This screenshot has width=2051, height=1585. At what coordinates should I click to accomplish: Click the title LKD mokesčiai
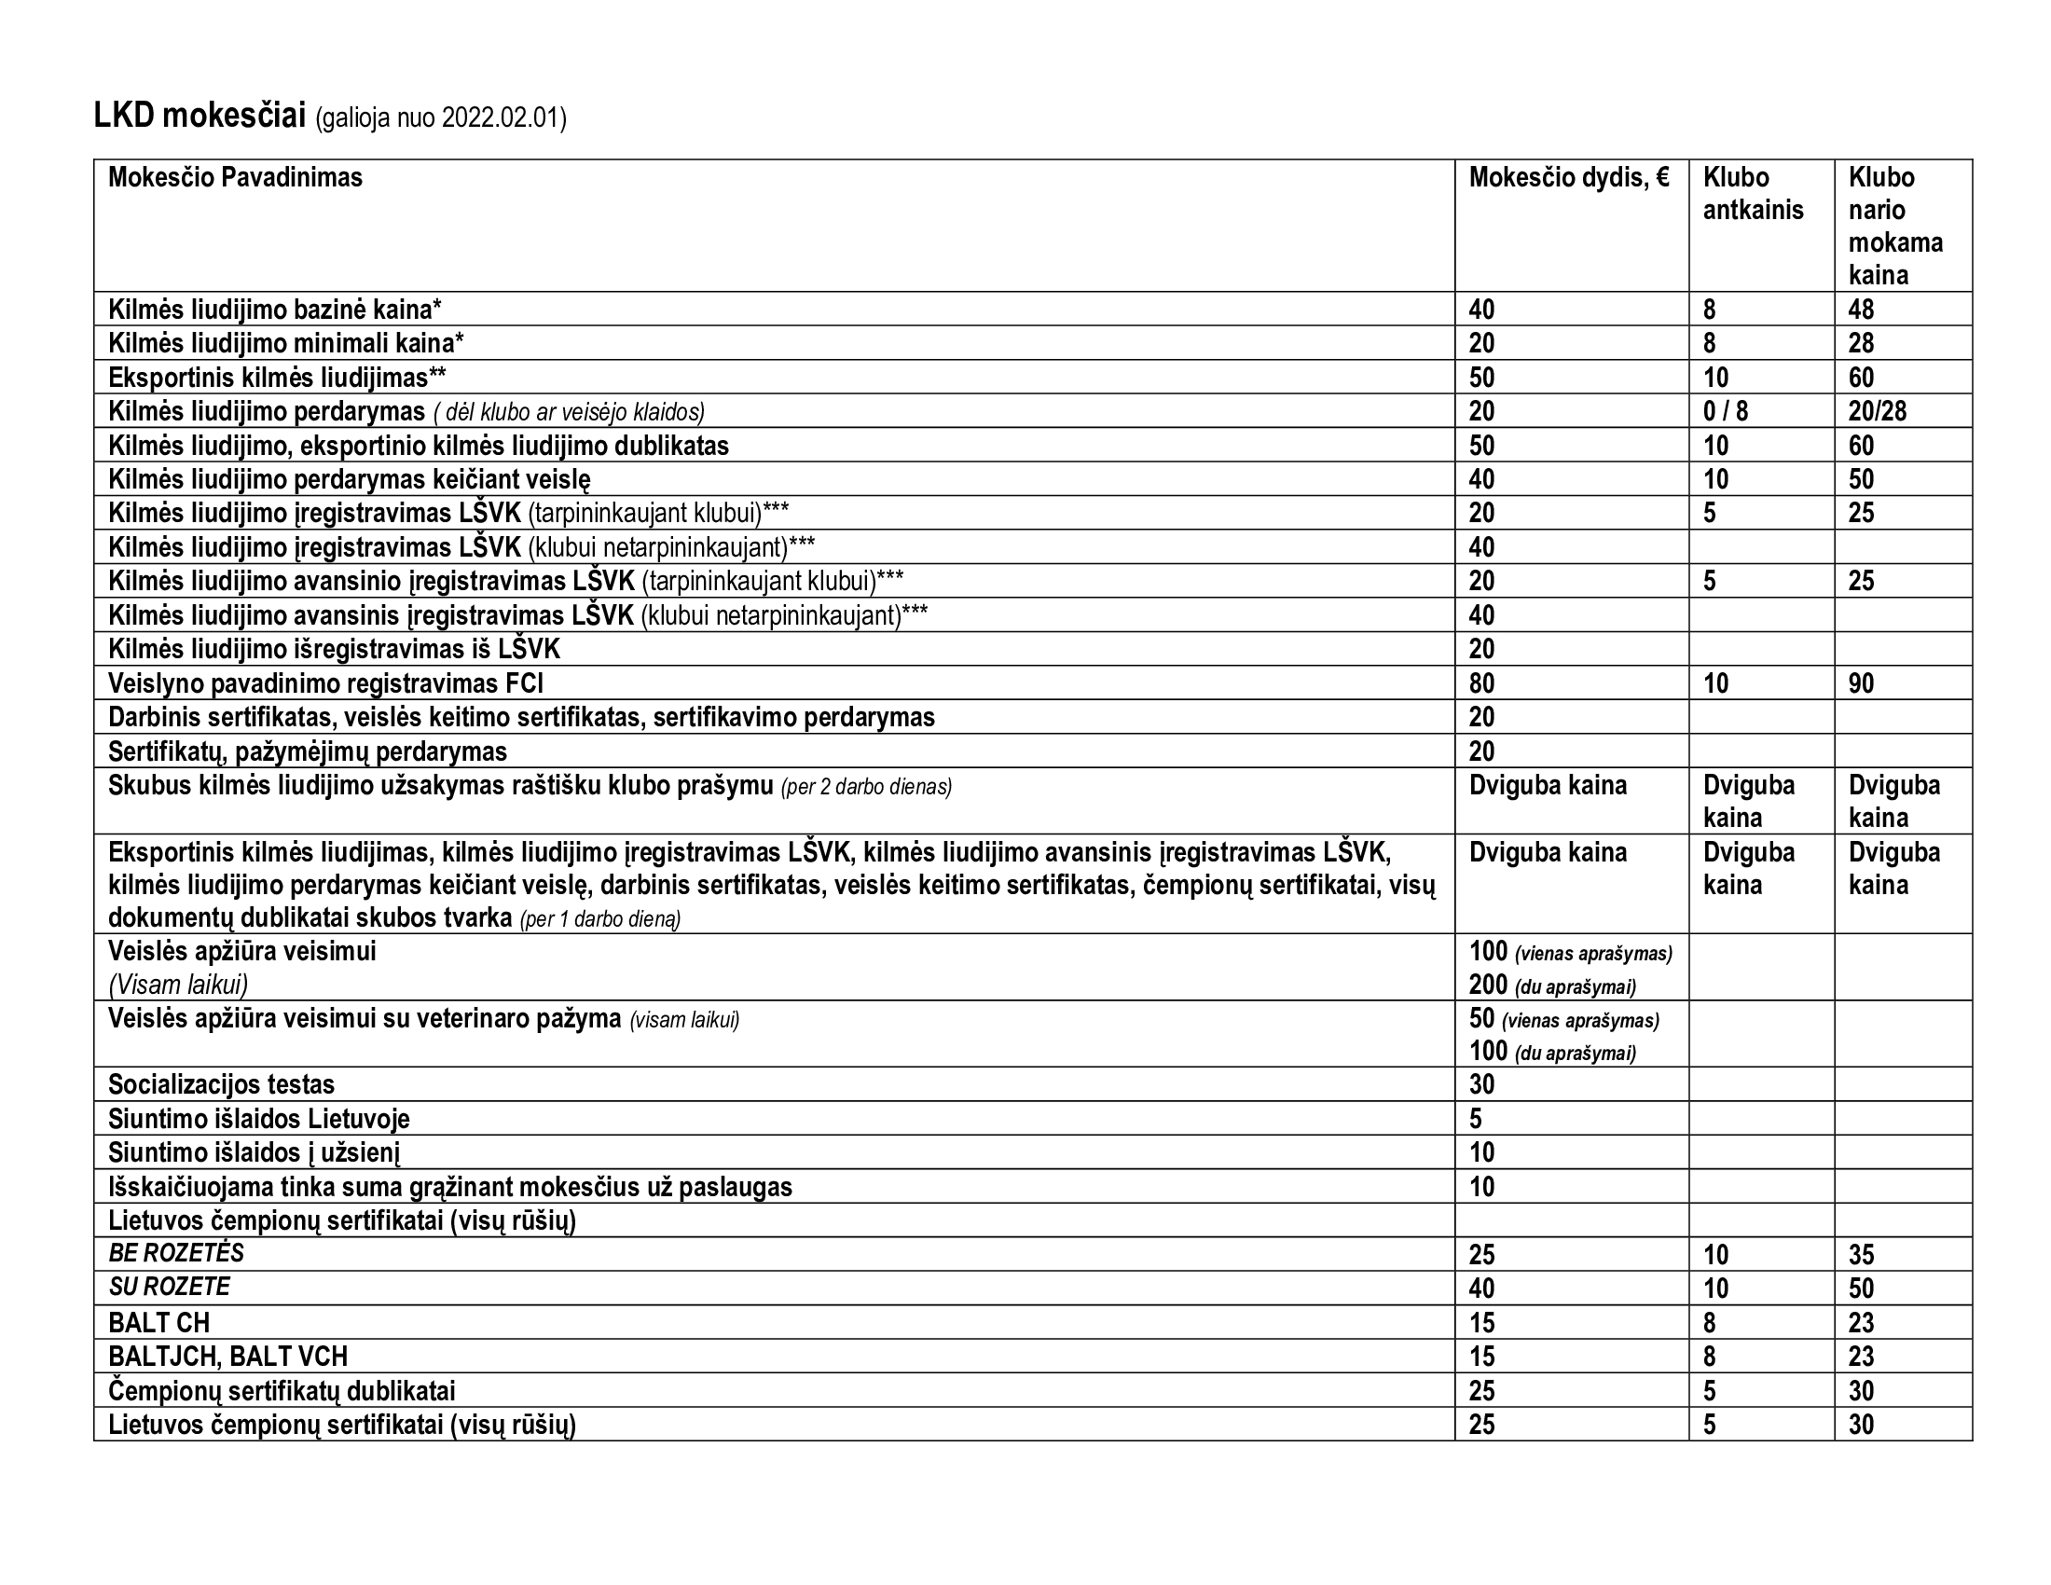point(200,117)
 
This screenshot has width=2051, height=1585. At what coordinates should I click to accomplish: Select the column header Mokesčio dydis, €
point(1568,177)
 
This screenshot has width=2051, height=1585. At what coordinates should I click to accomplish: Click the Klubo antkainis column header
point(1753,193)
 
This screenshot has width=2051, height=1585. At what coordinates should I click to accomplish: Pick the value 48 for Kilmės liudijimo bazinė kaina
point(1862,309)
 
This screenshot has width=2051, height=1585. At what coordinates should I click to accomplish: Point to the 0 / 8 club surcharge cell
point(1725,411)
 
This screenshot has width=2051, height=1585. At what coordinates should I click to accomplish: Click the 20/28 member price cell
point(1878,411)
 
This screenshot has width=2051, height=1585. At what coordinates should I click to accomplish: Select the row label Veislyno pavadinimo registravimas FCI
point(325,682)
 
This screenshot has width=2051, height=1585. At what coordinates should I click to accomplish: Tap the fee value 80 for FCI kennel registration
point(1481,682)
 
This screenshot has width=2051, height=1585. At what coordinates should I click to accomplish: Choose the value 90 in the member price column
point(1862,682)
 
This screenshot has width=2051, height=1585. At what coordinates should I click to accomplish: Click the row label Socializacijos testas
point(221,1084)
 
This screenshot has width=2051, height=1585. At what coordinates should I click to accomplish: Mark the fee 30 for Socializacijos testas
point(1481,1084)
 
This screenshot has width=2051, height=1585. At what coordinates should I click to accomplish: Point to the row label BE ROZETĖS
point(175,1253)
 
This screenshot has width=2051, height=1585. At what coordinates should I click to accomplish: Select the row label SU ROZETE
point(169,1288)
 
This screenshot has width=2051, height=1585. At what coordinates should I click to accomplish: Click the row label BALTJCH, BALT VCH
point(227,1356)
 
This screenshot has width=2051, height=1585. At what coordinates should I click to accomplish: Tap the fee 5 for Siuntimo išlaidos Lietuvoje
point(1476,1118)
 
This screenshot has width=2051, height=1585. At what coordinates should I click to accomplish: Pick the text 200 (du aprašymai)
point(1551,985)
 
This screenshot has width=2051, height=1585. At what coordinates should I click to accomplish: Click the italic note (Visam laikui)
point(177,985)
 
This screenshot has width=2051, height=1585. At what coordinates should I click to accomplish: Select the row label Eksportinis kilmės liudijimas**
point(277,378)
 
